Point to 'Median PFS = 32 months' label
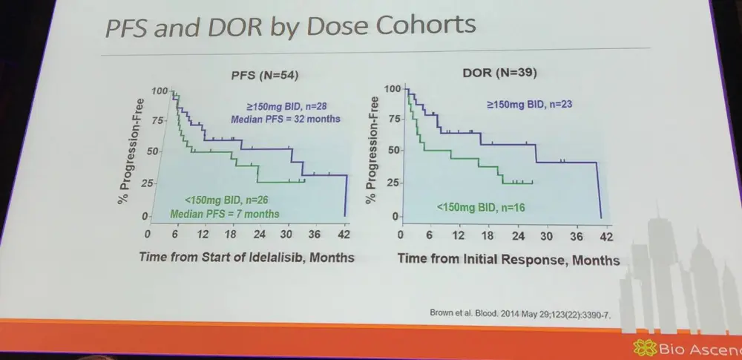(x=285, y=119)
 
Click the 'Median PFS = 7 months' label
(x=226, y=214)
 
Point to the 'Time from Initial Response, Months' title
(x=508, y=260)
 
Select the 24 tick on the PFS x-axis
(x=260, y=235)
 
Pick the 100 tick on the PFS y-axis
(x=159, y=91)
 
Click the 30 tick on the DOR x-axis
(x=546, y=237)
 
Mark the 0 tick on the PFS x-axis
(x=148, y=235)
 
